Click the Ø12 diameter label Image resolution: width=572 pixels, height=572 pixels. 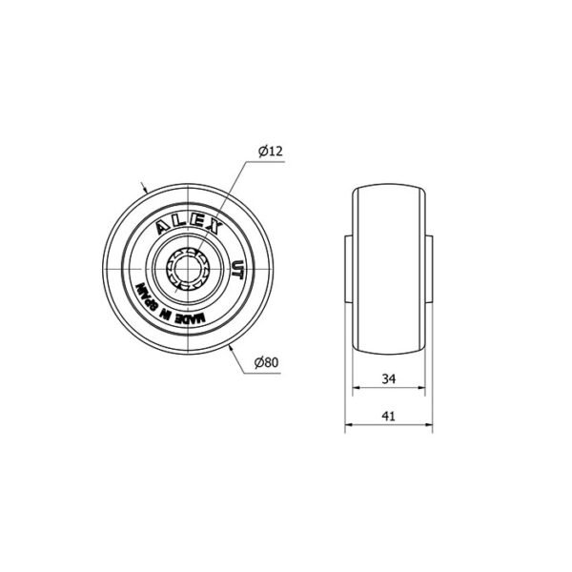tap(271, 151)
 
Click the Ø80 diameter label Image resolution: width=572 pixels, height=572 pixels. tap(267, 362)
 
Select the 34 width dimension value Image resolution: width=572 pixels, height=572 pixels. tap(389, 379)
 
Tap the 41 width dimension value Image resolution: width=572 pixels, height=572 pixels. tap(389, 417)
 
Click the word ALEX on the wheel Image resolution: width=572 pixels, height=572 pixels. tap(190, 226)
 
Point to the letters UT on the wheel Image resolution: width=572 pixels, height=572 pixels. tap(237, 270)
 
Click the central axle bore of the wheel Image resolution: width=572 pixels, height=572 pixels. tap(187, 269)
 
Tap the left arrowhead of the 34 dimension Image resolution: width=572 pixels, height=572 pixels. tap(357, 388)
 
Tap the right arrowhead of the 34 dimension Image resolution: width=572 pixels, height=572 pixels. tap(421, 388)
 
